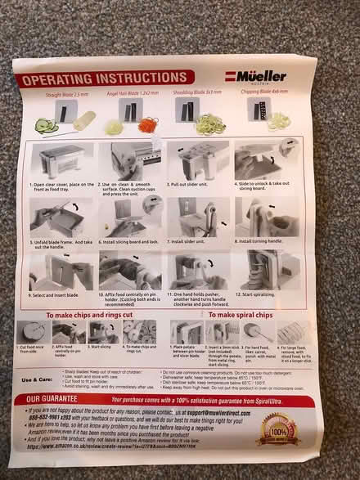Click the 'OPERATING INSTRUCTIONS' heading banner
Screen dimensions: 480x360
97,80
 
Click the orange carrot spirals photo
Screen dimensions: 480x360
147,123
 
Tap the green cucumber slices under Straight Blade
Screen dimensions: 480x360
45,125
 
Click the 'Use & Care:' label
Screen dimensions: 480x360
38,379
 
